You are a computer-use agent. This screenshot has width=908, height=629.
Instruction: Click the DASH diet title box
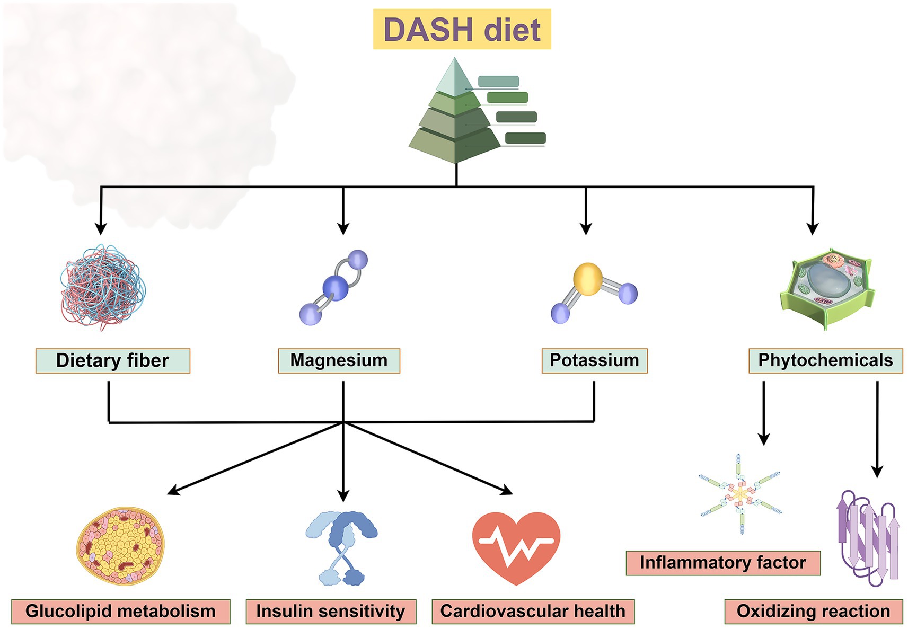pos(462,30)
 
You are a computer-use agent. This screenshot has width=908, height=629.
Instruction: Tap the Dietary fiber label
pos(112,361)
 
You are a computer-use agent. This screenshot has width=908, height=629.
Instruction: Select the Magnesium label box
pos(339,360)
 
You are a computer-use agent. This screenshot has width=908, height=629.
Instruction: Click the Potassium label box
pos(594,360)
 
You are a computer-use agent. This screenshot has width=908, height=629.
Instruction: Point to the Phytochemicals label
pos(825,360)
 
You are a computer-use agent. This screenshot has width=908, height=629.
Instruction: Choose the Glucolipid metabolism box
pos(120,612)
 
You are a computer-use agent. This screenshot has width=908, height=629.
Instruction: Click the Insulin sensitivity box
pos(331,612)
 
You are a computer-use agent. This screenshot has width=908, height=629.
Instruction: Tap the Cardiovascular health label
pos(533,612)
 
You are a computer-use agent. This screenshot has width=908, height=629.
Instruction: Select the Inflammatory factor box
pos(722,563)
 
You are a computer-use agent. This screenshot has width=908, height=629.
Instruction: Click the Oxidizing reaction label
pos(813,612)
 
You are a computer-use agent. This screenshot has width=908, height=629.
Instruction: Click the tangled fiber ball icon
pos(102,287)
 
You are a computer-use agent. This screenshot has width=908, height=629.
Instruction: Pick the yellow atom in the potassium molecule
pos(588,279)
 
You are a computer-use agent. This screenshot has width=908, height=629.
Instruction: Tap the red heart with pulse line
pos(516,546)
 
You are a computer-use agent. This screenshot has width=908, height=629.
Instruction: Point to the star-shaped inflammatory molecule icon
pos(740,494)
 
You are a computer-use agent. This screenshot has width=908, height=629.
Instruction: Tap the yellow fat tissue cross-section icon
pos(120,546)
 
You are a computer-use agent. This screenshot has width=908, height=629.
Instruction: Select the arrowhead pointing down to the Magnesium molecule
pos(343,228)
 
